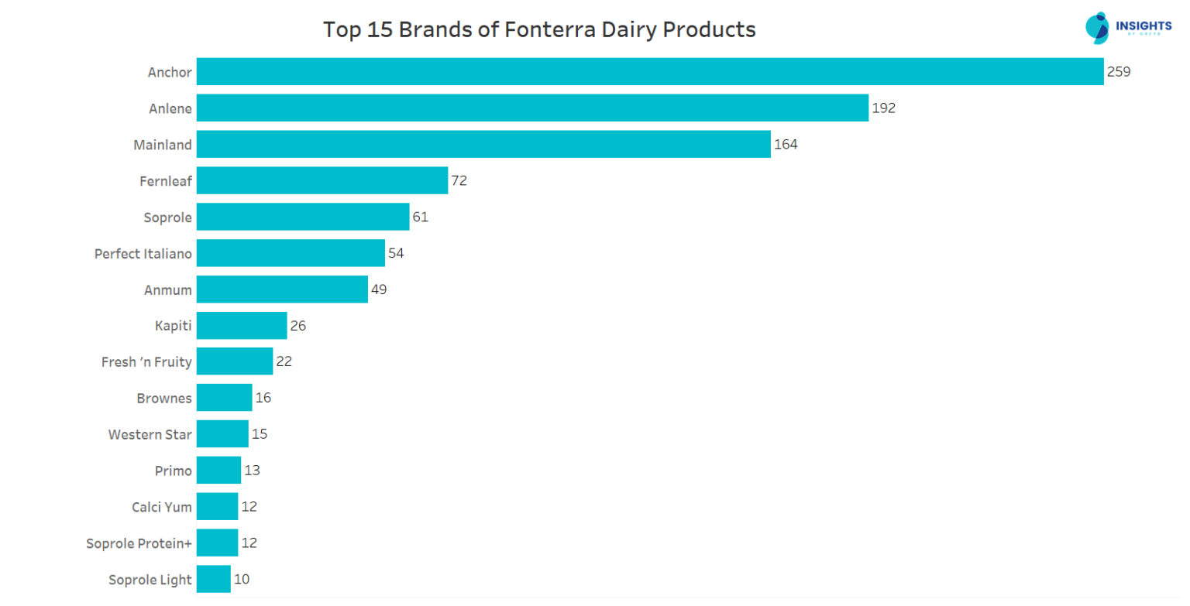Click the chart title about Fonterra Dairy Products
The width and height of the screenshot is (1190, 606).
pyautogui.click(x=538, y=30)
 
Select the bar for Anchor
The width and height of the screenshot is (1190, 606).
pyautogui.click(x=649, y=72)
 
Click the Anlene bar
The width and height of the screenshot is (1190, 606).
pyautogui.click(x=532, y=108)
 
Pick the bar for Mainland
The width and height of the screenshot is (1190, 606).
pyautogui.click(x=483, y=144)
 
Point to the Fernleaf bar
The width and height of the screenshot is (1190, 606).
pyautogui.click(x=322, y=180)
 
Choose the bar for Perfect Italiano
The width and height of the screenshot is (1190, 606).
pyautogui.click(x=291, y=253)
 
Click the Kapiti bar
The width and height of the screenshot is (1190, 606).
pyautogui.click(x=242, y=326)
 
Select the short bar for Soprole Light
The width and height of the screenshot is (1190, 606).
pyautogui.click(x=214, y=579)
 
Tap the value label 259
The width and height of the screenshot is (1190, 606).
pyautogui.click(x=1119, y=72)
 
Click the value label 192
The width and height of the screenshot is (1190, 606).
pyautogui.click(x=883, y=108)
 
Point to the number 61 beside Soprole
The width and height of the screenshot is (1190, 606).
pyautogui.click(x=420, y=217)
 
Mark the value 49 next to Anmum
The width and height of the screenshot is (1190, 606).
pyautogui.click(x=378, y=289)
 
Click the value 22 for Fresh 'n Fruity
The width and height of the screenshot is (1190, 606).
pyautogui.click(x=284, y=361)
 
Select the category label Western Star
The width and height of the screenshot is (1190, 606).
pyautogui.click(x=150, y=434)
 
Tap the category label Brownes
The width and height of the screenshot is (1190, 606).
pyautogui.click(x=163, y=398)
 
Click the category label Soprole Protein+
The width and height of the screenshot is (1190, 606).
pyautogui.click(x=139, y=543)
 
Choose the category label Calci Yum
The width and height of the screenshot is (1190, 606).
pyautogui.click(x=161, y=507)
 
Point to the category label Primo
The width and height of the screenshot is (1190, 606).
pyautogui.click(x=174, y=471)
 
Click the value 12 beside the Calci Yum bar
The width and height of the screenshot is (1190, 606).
pyautogui.click(x=249, y=507)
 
